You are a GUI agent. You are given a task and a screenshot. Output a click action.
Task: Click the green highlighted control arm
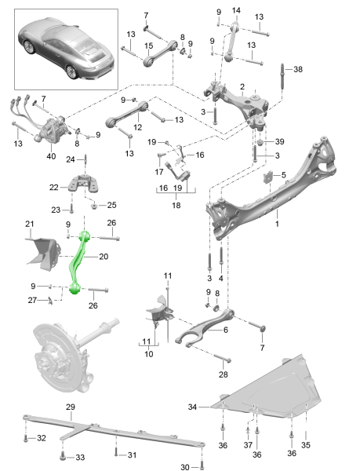tap(77, 261)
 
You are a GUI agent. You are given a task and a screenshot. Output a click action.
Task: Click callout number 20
tap(104, 257)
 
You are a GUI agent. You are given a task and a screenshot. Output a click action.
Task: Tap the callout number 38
tap(297, 69)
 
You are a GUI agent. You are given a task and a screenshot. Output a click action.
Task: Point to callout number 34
tap(192, 407)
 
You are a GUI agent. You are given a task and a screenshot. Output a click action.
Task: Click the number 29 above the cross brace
tap(71, 407)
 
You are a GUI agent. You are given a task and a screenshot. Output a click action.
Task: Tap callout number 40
tap(51, 156)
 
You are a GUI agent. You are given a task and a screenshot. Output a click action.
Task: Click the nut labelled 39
tap(260, 141)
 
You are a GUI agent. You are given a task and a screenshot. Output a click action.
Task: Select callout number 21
tap(29, 224)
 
